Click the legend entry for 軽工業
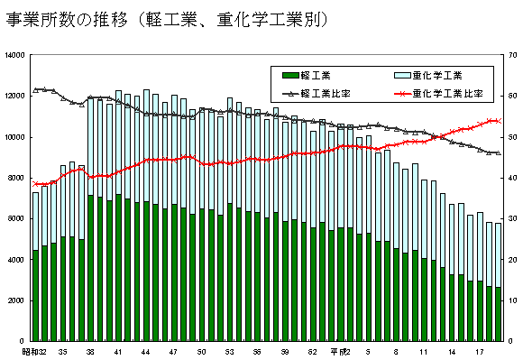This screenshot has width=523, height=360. pyautogui.click(x=311, y=75)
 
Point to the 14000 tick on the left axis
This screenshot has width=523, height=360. pyautogui.click(x=14, y=56)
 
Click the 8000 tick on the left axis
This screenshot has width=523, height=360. pyautogui.click(x=17, y=179)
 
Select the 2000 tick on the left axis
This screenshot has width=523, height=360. pyautogui.click(x=17, y=300)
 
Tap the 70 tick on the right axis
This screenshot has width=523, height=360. pyautogui.click(x=510, y=56)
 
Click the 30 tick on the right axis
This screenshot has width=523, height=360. pyautogui.click(x=510, y=219)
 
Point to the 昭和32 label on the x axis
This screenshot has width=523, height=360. pyautogui.click(x=35, y=351)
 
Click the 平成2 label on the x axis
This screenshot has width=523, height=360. pyautogui.click(x=339, y=351)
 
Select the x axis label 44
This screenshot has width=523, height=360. pyautogui.click(x=145, y=351)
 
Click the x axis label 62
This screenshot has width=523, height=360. pyautogui.click(x=312, y=351)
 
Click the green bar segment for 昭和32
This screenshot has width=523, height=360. pyautogui.click(x=35, y=295)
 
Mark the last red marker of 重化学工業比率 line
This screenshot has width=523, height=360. pyautogui.click(x=498, y=120)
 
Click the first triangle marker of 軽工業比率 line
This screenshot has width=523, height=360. pyautogui.click(x=35, y=89)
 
